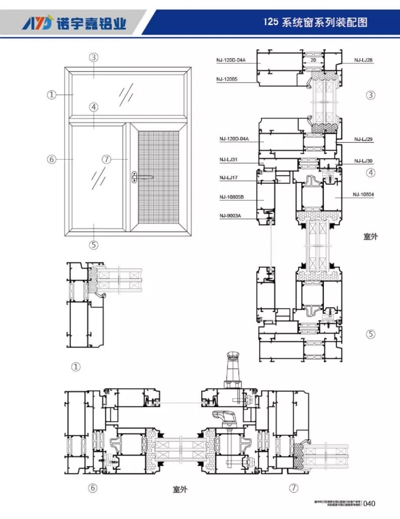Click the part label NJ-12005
click(226, 79)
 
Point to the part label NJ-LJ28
click(364, 60)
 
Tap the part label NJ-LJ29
click(364, 139)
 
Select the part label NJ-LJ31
click(228, 160)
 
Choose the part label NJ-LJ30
click(364, 161)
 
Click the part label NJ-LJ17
click(228, 178)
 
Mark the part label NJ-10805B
click(231, 197)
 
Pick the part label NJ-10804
click(364, 194)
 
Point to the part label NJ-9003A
click(230, 216)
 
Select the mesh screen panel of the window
click(158, 181)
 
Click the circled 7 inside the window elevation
click(106, 159)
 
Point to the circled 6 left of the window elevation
click(52, 159)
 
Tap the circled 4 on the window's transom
click(94, 108)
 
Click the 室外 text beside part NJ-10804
click(371, 237)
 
